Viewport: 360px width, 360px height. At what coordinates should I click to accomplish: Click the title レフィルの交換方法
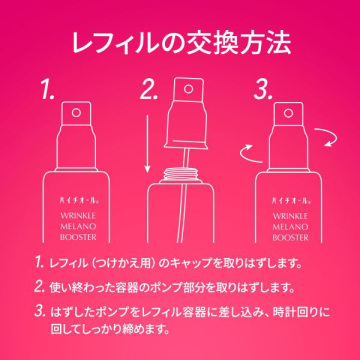coord(180,43)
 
